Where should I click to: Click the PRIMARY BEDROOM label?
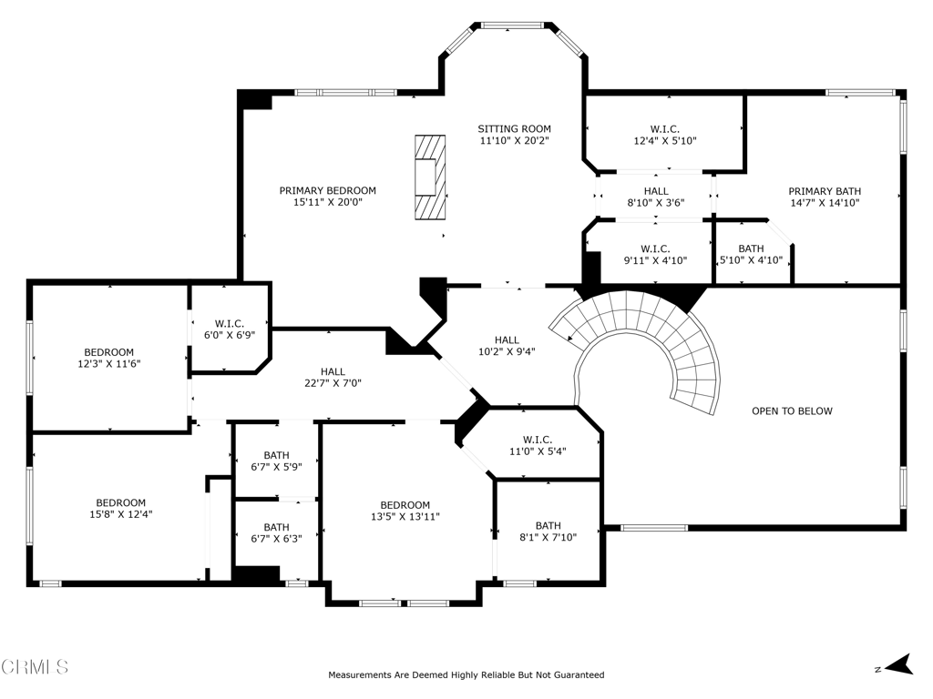pyautogui.click(x=328, y=191)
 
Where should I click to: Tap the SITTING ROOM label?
pyautogui.click(x=515, y=128)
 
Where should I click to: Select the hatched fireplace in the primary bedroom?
pyautogui.click(x=430, y=177)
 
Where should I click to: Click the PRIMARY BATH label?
pyautogui.click(x=825, y=191)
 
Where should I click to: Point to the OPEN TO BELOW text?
pyautogui.click(x=792, y=410)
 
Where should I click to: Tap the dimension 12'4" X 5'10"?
pyautogui.click(x=665, y=141)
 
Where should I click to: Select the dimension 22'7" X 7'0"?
pyautogui.click(x=333, y=383)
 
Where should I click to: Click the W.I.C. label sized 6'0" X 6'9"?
pyautogui.click(x=230, y=324)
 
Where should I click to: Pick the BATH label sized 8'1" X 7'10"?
pyautogui.click(x=548, y=526)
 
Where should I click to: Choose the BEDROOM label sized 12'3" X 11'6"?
pyautogui.click(x=109, y=352)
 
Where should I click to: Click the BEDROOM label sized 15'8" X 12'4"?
pyautogui.click(x=121, y=502)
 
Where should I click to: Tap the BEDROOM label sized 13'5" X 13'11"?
pyautogui.click(x=405, y=505)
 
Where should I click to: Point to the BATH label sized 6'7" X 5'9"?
pyautogui.click(x=277, y=456)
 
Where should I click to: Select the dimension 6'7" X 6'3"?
pyautogui.click(x=277, y=539)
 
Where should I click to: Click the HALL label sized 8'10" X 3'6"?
pyautogui.click(x=656, y=191)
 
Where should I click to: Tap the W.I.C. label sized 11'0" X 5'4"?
pyautogui.click(x=538, y=440)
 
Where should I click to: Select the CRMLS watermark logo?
pyautogui.click(x=35, y=667)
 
